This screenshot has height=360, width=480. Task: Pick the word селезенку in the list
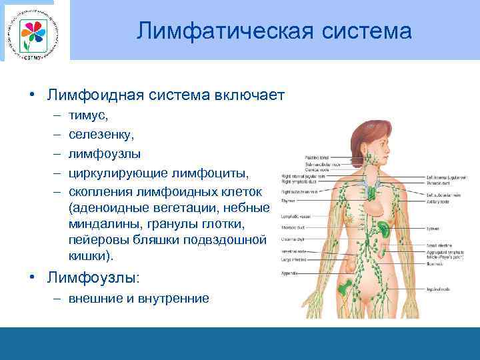(101, 136)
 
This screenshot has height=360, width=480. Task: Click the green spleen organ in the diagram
(385, 228)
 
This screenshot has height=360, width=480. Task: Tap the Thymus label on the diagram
(288, 200)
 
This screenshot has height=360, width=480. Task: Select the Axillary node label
(438, 199)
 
